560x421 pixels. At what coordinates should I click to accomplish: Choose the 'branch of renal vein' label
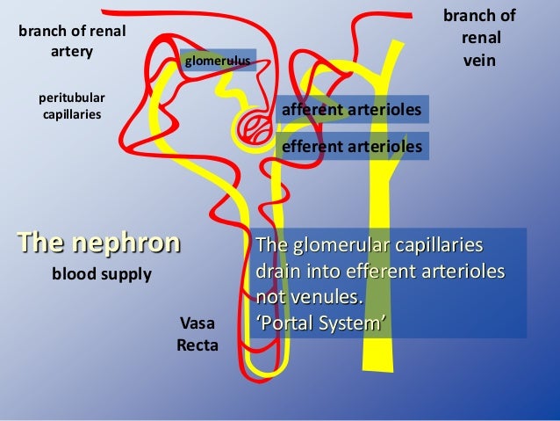479,40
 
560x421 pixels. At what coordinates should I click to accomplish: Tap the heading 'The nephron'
98,242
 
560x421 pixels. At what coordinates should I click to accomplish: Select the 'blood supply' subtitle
102,274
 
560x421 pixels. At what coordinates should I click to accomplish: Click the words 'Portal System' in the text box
320,324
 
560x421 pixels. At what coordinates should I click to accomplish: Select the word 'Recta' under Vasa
197,345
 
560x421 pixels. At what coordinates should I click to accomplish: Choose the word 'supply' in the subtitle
127,274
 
